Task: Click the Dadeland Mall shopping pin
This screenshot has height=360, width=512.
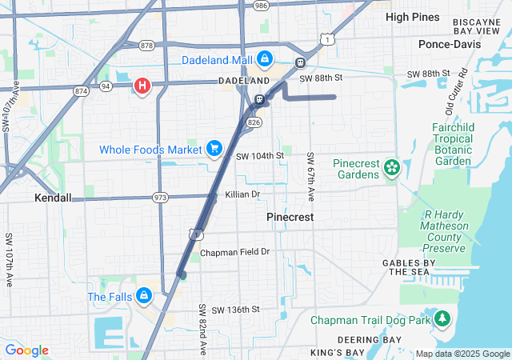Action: (263, 59)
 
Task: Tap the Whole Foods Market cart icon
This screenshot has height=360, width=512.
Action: (214, 148)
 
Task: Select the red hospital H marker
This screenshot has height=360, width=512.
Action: (143, 86)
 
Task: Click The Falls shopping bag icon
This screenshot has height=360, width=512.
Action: (143, 296)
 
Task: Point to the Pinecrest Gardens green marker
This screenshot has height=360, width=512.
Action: (391, 168)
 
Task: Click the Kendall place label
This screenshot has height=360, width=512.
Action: (53, 198)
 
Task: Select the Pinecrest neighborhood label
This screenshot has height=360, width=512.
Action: (290, 217)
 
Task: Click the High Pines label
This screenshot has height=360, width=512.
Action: (412, 16)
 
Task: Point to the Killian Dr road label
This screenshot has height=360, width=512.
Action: (243, 194)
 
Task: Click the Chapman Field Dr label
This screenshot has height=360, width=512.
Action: (235, 252)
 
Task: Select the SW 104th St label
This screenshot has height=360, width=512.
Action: (260, 154)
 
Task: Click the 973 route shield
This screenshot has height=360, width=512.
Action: (161, 198)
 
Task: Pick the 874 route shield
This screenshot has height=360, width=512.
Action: (81, 92)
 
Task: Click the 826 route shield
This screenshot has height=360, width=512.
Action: (254, 122)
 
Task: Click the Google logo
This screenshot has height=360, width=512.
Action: (26, 350)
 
